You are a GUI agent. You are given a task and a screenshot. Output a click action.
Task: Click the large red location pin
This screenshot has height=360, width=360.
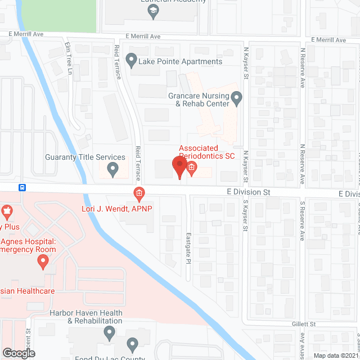coord(179,168)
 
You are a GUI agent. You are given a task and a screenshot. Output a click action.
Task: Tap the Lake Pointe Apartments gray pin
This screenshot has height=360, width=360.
coord(132,58)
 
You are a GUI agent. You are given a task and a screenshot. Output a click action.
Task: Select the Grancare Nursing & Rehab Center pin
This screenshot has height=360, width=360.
coord(237,100)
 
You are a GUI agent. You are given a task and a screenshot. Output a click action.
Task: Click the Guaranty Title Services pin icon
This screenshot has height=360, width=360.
coord(112,168)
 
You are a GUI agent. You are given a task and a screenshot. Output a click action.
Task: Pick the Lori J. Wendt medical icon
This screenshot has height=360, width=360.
coord(139,194)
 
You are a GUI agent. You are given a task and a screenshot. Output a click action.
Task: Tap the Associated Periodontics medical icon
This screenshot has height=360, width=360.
coord(191,168)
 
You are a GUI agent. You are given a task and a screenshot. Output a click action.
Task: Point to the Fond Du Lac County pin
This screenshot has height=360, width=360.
coord(132,344)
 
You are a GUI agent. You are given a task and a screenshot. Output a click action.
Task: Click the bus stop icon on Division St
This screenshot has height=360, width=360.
coord(22,187)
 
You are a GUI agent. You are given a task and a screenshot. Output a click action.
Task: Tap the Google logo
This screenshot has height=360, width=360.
coord(18,353)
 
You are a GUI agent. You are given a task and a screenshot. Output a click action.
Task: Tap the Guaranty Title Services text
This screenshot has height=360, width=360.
coord(85,157)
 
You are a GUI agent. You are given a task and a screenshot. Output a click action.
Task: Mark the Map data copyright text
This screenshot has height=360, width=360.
coord(336,355)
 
